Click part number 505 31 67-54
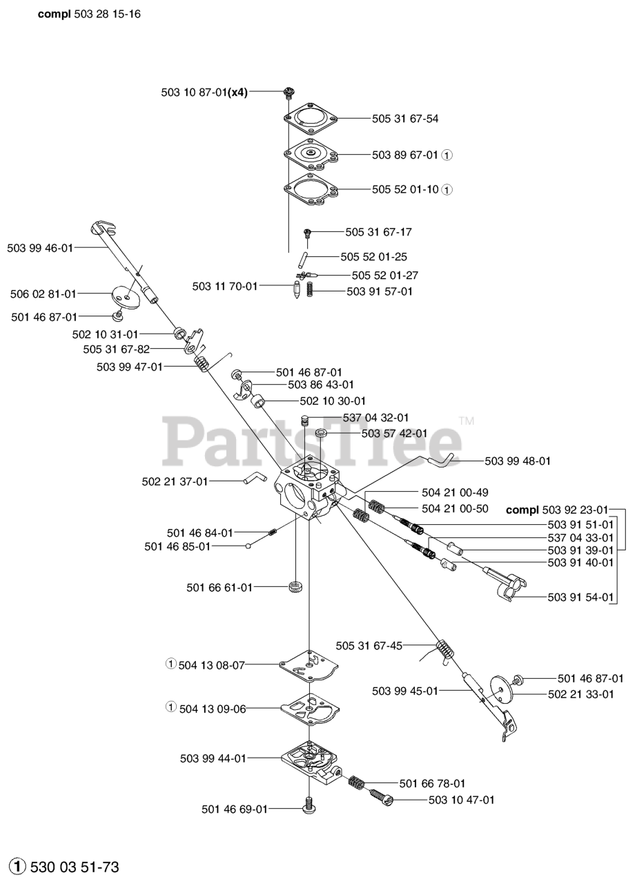tap(404, 119)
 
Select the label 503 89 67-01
tap(404, 155)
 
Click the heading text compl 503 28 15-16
tap(89, 14)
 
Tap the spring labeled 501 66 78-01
tap(356, 784)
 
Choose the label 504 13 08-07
tap(211, 665)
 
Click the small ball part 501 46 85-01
tap(248, 546)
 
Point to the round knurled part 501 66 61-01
tap(296, 588)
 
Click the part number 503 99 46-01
tap(40, 247)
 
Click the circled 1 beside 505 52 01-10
tap(447, 189)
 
